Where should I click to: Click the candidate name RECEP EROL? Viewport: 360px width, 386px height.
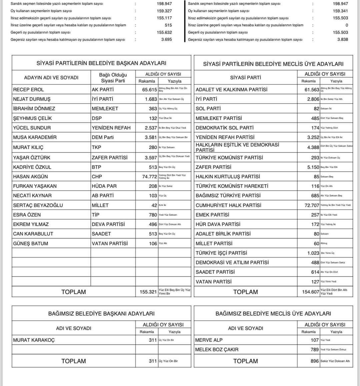pyautogui.click(x=28, y=90)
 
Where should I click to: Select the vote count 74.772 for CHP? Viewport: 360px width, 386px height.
pyautogui.click(x=149, y=177)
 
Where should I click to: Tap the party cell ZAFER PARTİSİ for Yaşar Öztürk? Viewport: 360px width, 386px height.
pyautogui.click(x=109, y=157)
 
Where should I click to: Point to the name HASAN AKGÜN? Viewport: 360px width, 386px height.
pyautogui.click(x=30, y=177)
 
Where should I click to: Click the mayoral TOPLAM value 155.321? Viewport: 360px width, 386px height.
pyautogui.click(x=148, y=292)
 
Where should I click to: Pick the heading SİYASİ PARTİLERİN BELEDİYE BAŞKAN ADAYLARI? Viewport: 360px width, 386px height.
pyautogui.click(x=101, y=63)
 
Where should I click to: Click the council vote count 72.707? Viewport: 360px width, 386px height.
pyautogui.click(x=312, y=205)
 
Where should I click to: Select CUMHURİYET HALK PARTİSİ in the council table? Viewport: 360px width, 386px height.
pyautogui.click(x=228, y=205)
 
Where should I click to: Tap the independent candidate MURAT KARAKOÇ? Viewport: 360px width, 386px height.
pyautogui.click(x=34, y=340)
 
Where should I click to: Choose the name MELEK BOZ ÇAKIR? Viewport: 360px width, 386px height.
pyautogui.click(x=217, y=350)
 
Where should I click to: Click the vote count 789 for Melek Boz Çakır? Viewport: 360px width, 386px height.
pyautogui.click(x=315, y=350)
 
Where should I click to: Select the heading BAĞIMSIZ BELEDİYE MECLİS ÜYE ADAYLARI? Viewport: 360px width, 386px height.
pyautogui.click(x=273, y=314)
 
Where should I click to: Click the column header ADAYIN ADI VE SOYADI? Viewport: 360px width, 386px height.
pyautogui.click(x=51, y=78)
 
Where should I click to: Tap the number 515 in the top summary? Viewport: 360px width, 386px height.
pyautogui.click(x=168, y=25)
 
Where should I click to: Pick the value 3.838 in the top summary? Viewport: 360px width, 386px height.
pyautogui.click(x=342, y=39)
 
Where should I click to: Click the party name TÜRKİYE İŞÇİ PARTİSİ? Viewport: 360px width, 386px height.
pyautogui.click(x=221, y=253)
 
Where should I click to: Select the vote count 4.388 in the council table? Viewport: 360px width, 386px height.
pyautogui.click(x=313, y=147)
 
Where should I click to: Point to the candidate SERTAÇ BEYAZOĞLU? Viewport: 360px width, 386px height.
pyautogui.click(x=38, y=205)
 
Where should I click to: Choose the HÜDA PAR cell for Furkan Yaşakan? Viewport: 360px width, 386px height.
pyautogui.click(x=104, y=186)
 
